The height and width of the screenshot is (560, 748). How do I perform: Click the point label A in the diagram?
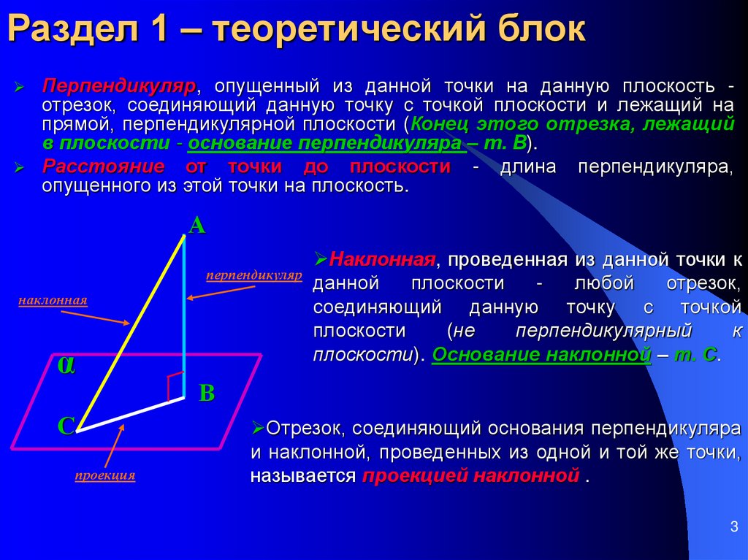click(x=196, y=226)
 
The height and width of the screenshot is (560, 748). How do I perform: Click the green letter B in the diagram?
click(x=207, y=394)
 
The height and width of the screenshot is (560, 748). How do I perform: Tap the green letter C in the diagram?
click(x=66, y=426)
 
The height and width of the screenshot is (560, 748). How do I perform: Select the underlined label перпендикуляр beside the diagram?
click(x=253, y=276)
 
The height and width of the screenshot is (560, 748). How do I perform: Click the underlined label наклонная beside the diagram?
click(x=53, y=300)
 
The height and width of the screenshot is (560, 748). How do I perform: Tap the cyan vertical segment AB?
click(x=184, y=314)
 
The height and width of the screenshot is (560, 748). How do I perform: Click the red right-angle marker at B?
click(x=175, y=386)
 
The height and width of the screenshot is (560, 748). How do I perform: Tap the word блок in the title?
click(x=542, y=31)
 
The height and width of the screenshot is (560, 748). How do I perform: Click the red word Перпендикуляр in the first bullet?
click(x=118, y=86)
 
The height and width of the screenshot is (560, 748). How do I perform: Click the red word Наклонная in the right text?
click(x=382, y=260)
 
